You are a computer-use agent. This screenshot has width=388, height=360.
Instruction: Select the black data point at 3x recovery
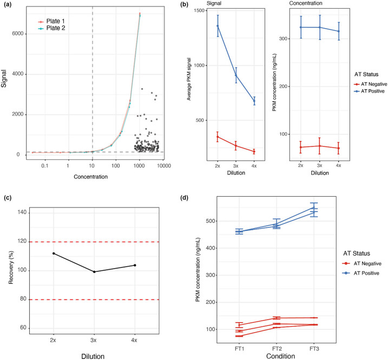(x=95, y=272)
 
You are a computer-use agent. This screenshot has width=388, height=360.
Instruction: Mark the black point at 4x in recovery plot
(x=135, y=265)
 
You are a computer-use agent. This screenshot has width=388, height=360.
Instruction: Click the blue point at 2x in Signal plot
(x=218, y=26)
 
